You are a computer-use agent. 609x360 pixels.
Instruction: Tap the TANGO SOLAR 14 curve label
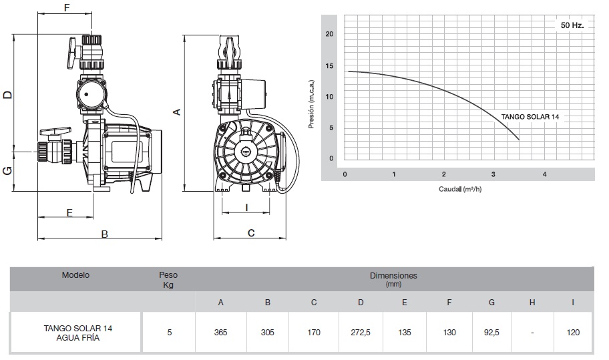(x=530, y=116)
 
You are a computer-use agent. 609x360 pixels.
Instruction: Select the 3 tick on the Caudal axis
(x=493, y=174)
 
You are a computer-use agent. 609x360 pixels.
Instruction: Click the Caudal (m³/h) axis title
(x=461, y=189)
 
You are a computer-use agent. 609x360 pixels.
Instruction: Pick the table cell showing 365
(x=221, y=332)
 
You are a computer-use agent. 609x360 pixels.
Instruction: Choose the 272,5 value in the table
(x=361, y=332)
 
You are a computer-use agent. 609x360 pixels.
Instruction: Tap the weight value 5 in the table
(x=170, y=332)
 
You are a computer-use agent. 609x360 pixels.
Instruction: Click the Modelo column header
(x=75, y=275)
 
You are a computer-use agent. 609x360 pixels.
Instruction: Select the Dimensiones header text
(x=393, y=275)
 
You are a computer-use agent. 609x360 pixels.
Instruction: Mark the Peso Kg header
(x=168, y=280)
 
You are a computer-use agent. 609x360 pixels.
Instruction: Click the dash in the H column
(x=532, y=332)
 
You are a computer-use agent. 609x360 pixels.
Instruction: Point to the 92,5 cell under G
(x=491, y=332)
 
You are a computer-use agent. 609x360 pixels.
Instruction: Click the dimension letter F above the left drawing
(x=65, y=8)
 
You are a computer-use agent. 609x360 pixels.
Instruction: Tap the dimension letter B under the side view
(x=104, y=234)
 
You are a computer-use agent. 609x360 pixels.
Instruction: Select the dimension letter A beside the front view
(x=176, y=112)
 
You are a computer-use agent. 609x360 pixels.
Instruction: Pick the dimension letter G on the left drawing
(x=7, y=171)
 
